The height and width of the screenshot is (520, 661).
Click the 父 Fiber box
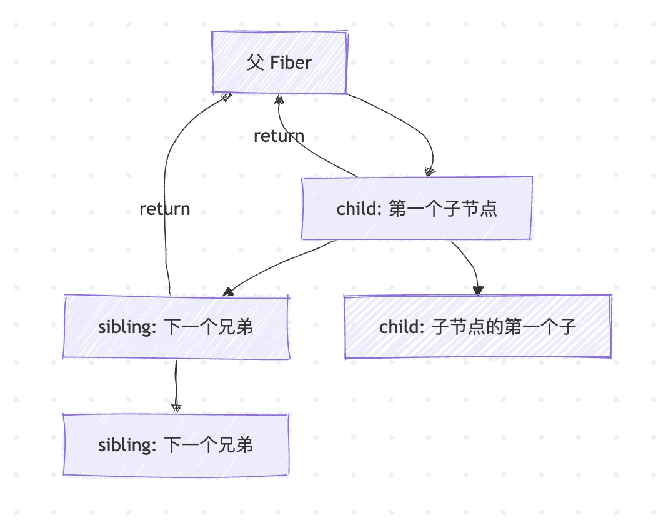pos(279,62)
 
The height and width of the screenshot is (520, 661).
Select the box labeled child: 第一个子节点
pos(417,208)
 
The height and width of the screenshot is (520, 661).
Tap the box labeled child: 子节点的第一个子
pos(477,327)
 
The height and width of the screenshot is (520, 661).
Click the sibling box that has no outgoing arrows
pos(176,445)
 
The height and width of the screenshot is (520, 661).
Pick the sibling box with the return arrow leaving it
pos(176,327)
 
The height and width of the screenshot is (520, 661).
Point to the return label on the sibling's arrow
pos(165,209)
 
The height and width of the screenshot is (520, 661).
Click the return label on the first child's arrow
pos(279,136)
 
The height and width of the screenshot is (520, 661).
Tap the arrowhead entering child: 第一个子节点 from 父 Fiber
pos(430,172)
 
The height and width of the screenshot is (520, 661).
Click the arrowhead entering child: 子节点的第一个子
pos(479,289)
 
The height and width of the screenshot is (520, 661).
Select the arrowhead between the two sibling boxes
pos(176,407)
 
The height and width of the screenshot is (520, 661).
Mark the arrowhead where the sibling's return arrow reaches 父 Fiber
pos(226,97)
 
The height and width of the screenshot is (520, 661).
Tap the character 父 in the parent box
pos(255,62)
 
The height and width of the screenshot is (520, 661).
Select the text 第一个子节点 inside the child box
pos(443,208)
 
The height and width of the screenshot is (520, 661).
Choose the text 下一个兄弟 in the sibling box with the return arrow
pos(208,327)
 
